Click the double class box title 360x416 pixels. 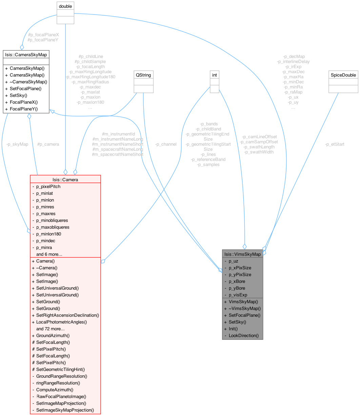[65, 6]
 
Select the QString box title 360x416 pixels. [143, 75]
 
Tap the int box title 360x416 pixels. [214, 75]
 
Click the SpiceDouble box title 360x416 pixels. [343, 75]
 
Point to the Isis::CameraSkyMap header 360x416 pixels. [26, 54]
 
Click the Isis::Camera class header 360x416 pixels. [65, 180]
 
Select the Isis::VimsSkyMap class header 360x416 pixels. [242, 254]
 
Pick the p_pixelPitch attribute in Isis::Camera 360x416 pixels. [48, 186]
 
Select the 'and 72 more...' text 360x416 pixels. [50, 329]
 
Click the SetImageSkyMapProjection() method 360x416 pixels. [65, 410]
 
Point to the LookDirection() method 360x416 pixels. [243, 335]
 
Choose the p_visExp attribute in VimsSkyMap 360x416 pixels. [238, 295]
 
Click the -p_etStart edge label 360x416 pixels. [335, 144]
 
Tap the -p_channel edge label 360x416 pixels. [166, 144]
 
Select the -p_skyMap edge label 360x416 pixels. [17, 144]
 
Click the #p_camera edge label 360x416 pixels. [48, 144]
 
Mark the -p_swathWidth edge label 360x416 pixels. [259, 152]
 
